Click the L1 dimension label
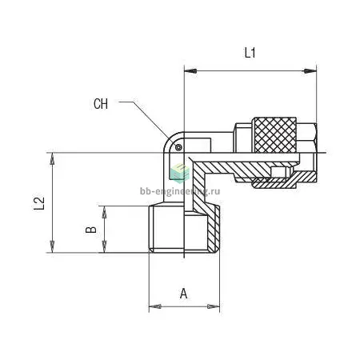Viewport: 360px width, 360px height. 250,53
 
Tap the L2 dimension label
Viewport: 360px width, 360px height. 39,203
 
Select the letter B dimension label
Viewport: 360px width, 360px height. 91,230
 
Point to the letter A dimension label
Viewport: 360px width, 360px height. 183,294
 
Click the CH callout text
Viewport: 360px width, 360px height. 101,104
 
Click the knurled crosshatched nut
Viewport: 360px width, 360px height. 274,135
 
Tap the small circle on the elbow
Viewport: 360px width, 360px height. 178,147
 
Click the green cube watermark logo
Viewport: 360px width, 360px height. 179,173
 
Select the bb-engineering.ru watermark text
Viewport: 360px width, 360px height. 180,191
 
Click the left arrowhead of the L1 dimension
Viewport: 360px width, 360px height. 190,71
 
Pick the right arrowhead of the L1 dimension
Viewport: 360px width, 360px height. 310,71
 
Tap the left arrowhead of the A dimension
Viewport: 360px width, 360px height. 155,306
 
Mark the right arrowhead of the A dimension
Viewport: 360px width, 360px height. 214,306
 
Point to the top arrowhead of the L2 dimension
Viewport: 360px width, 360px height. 53,159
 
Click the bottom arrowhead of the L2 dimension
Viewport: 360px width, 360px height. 53,246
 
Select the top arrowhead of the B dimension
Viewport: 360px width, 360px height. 104,212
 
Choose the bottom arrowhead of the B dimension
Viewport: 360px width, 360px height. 104,246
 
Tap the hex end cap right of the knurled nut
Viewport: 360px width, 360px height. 307,138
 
